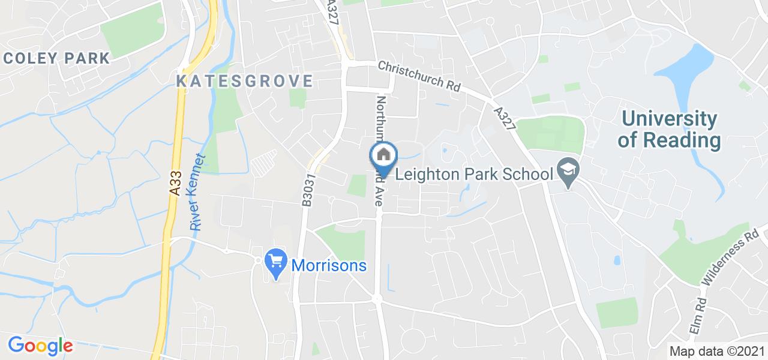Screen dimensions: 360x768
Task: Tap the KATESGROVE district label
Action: click(245, 81)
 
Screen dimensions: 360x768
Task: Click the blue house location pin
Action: click(383, 157)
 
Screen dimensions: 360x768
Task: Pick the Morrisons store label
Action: click(329, 265)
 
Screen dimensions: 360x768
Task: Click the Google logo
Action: click(40, 346)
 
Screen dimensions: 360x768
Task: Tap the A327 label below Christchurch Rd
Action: click(506, 118)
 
